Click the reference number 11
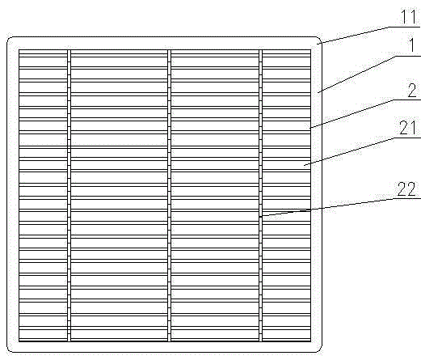409,17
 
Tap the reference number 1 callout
412,45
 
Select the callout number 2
412,91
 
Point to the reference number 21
407,127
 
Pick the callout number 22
406,189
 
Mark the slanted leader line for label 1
356,74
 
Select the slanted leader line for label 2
352,114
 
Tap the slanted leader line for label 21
349,151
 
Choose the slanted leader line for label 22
326,207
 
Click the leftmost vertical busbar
69,196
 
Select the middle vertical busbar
169,196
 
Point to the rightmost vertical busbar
260,196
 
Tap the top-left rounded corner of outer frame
9,40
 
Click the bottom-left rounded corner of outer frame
9,349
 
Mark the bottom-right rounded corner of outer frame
319,349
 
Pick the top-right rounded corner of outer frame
319,40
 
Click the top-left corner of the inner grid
19,49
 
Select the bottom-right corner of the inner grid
311,341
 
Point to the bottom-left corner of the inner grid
19,341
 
